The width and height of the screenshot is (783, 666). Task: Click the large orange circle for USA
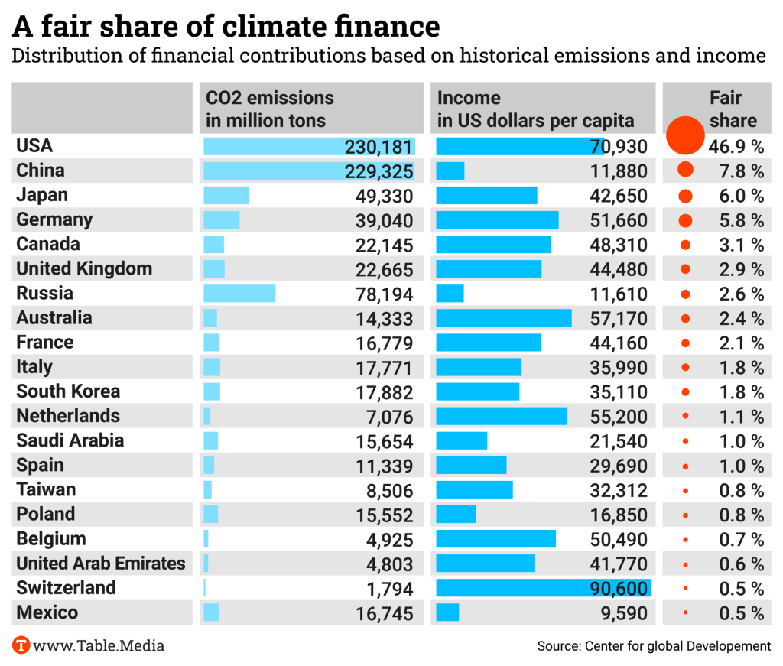click(x=684, y=135)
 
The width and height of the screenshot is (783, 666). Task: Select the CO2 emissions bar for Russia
click(x=239, y=294)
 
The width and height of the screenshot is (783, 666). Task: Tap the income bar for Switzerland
click(x=543, y=588)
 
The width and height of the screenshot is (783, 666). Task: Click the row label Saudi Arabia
click(x=70, y=440)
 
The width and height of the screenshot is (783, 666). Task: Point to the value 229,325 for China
click(x=379, y=171)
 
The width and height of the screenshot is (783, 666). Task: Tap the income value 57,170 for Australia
click(x=619, y=318)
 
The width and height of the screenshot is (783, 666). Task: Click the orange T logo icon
click(x=21, y=645)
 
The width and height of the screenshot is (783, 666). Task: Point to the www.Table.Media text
click(x=99, y=645)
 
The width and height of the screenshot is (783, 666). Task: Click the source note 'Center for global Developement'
click(x=654, y=646)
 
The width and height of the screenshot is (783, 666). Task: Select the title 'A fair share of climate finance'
click(x=226, y=26)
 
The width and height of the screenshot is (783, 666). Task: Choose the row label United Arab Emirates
click(x=101, y=564)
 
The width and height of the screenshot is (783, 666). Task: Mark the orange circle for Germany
click(x=685, y=220)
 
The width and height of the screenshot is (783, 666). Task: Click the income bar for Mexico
click(x=447, y=612)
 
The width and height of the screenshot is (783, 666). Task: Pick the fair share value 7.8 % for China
click(x=741, y=171)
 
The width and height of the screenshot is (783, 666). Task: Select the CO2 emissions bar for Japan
click(x=226, y=195)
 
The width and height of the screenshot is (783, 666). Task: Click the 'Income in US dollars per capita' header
click(x=535, y=109)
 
